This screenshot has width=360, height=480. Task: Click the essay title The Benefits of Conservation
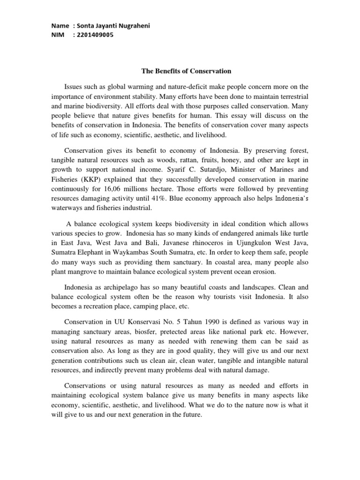[x=187, y=71]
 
